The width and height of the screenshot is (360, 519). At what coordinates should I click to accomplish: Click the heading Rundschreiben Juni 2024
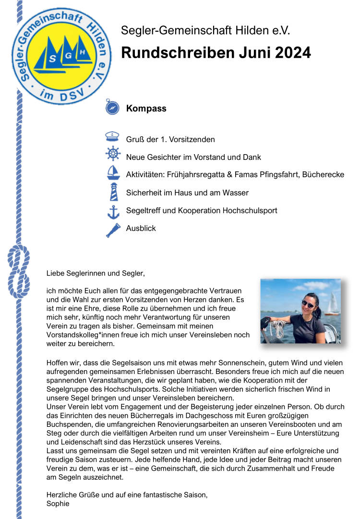pyautogui.click(x=216, y=53)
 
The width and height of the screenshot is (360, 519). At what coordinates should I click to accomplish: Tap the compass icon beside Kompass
pyautogui.click(x=112, y=108)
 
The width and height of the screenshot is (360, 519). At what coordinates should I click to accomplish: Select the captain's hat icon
pyautogui.click(x=112, y=138)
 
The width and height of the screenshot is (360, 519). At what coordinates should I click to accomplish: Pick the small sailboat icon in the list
pyautogui.click(x=113, y=173)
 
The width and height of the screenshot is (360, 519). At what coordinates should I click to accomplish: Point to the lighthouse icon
pyautogui.click(x=113, y=191)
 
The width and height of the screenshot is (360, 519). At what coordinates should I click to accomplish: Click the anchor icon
pyautogui.click(x=113, y=211)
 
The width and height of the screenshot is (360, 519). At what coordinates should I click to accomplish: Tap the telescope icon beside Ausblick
pyautogui.click(x=113, y=229)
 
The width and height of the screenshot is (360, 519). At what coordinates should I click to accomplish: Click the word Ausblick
pyautogui.click(x=141, y=229)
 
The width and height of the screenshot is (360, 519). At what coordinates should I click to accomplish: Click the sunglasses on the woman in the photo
pyautogui.click(x=308, y=304)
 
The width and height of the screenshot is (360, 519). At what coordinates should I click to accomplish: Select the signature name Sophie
pyautogui.click(x=58, y=504)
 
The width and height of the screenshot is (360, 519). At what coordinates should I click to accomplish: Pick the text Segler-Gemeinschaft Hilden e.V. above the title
pyautogui.click(x=205, y=32)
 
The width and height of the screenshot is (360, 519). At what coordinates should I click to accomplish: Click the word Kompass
pyautogui.click(x=146, y=109)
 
